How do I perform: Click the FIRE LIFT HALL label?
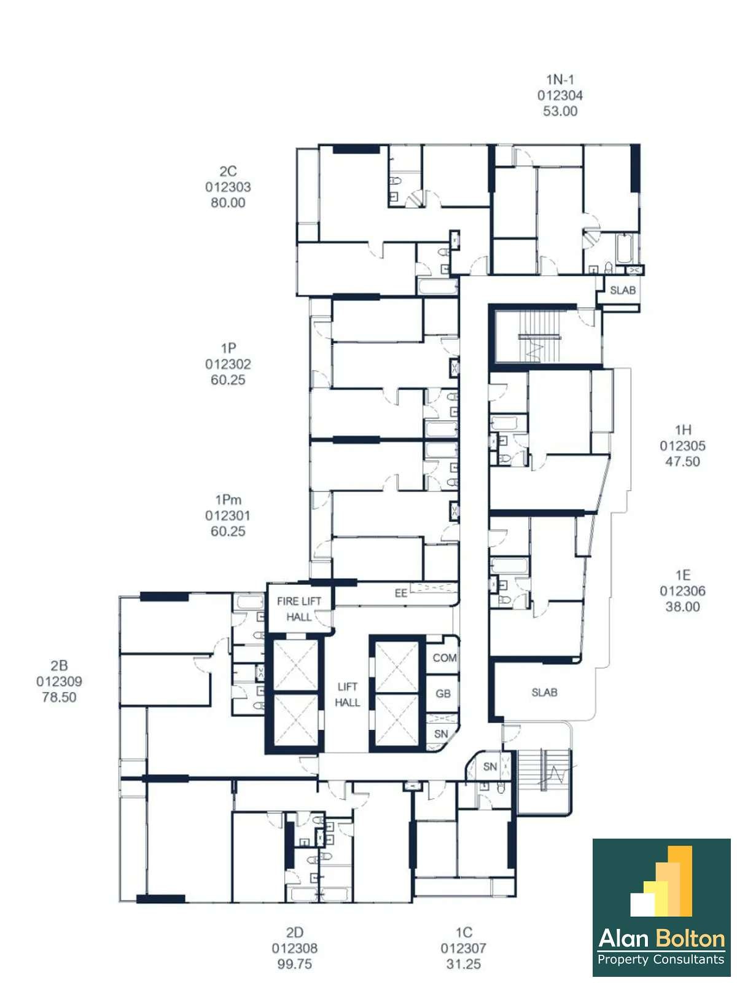(299, 609)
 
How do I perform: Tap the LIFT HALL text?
(347, 695)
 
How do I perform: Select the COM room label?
(444, 658)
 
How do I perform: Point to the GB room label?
(443, 694)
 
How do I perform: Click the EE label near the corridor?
(401, 593)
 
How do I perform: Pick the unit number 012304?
(560, 95)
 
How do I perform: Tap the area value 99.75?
(294, 964)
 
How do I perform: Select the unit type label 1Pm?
(228, 499)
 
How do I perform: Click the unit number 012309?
(59, 681)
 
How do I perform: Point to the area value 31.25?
(464, 964)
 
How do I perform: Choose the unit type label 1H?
(683, 430)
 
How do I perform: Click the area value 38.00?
(683, 607)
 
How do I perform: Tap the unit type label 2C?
(228, 171)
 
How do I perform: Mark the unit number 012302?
(228, 364)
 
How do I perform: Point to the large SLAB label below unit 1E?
(545, 692)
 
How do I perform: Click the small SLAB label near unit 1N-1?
(623, 290)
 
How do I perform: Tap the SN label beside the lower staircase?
(490, 767)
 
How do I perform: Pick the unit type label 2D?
(294, 933)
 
